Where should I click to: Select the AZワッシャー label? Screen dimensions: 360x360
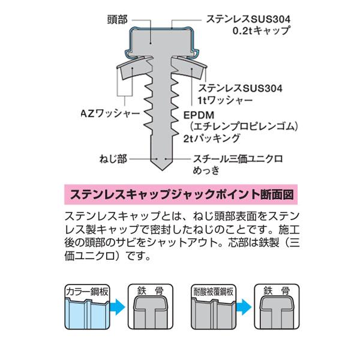(110, 113)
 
